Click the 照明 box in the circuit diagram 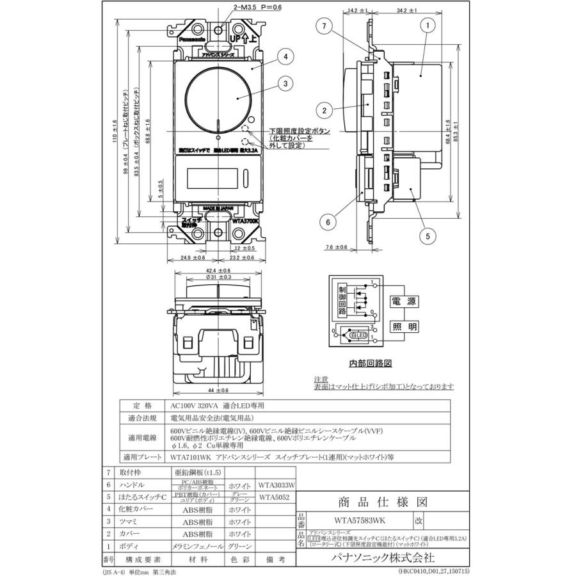point(404,327)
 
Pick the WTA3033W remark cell point(275,485)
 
